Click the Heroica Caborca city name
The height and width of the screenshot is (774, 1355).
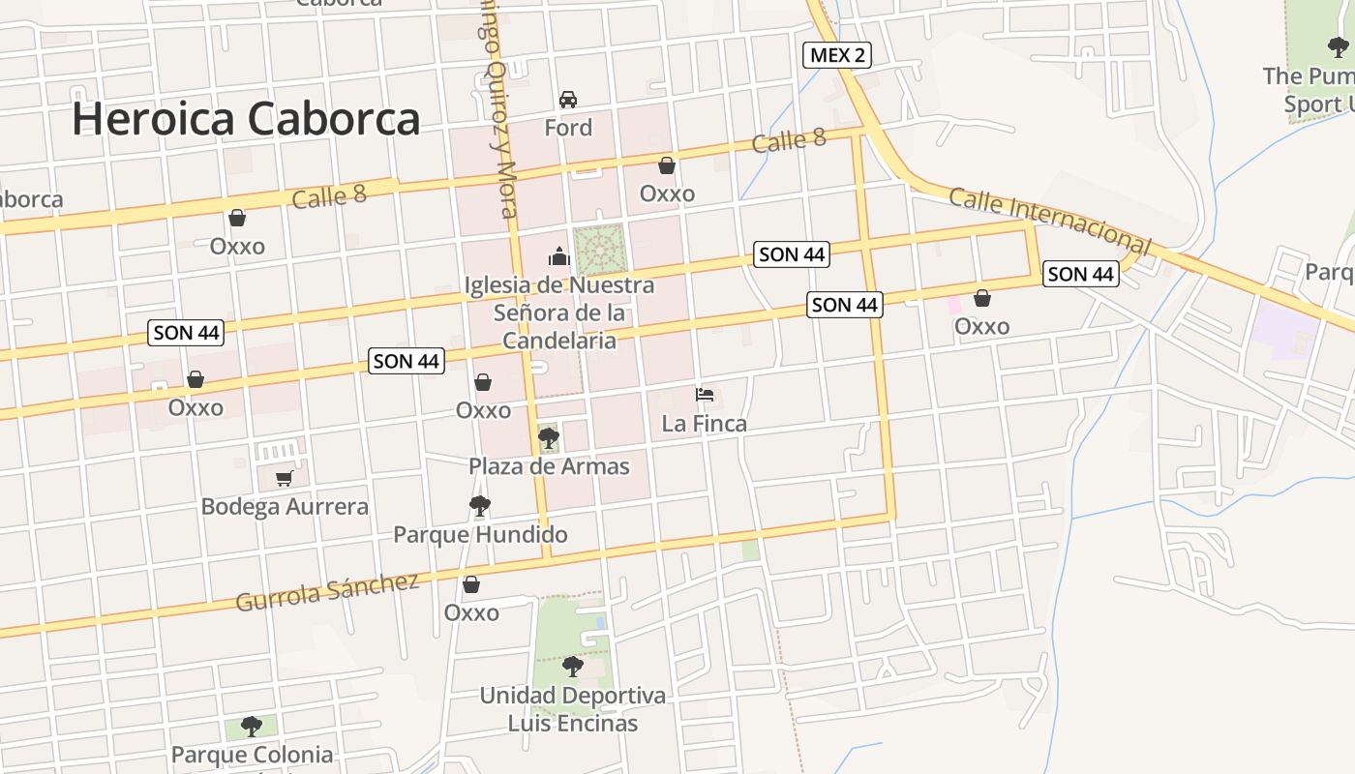click(246, 119)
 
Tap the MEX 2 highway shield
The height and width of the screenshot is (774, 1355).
click(837, 55)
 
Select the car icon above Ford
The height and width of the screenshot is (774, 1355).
click(568, 100)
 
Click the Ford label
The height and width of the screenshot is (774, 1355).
click(568, 128)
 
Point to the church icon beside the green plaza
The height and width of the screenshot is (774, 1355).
click(559, 256)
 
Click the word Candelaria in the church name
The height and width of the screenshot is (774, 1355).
click(559, 341)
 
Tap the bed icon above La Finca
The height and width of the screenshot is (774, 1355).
click(705, 395)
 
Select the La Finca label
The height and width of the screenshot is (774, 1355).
click(705, 424)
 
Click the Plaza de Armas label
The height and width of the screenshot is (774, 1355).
click(549, 466)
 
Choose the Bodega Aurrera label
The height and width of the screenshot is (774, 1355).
click(285, 507)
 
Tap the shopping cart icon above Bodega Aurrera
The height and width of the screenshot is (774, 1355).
click(285, 478)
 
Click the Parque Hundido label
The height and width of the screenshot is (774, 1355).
click(480, 535)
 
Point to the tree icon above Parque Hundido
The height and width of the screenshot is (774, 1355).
click(479, 505)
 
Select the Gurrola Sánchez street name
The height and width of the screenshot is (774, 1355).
click(328, 591)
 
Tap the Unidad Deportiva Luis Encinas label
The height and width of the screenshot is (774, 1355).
click(573, 709)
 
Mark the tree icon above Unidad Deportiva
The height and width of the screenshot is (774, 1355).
click(573, 666)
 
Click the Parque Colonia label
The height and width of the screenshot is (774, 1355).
click(253, 755)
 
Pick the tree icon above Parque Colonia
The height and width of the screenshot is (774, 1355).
click(252, 726)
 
